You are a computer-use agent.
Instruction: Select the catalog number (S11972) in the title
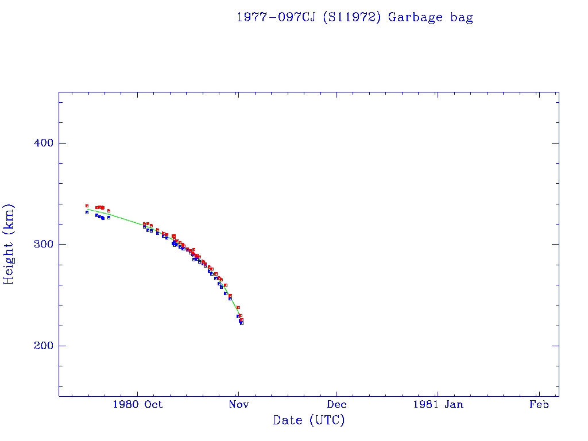353,17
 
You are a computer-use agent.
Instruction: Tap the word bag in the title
462,17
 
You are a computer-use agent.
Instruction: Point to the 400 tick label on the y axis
44,143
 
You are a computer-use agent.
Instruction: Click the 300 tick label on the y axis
44,245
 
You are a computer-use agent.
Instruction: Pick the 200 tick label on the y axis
44,346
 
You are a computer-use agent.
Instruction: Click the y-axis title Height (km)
9,244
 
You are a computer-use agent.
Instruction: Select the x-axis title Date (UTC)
309,420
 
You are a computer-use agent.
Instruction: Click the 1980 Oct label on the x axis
137,405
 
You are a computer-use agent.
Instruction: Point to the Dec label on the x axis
336,405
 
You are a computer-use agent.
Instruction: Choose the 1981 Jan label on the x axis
438,405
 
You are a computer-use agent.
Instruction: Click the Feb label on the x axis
539,405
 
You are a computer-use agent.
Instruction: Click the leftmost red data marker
87,206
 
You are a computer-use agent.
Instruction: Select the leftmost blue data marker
87,212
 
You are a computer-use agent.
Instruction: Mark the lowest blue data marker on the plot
242,323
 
